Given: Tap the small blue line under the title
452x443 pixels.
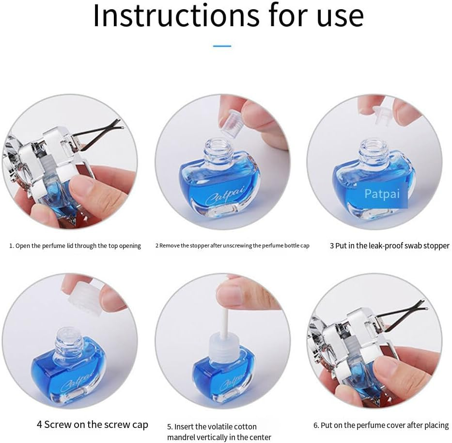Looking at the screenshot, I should pos(222,46).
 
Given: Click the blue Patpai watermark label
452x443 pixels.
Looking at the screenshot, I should pos(382,194).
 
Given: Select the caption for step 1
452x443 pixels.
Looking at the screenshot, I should pos(75,246).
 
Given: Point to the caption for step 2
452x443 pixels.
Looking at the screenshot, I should pos(232,246).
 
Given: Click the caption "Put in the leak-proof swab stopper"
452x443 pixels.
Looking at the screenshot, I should pos(390,246).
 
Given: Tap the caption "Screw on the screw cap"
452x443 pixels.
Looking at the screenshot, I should pos(92,425).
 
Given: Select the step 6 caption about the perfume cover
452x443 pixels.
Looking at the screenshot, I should pos(381,425).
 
